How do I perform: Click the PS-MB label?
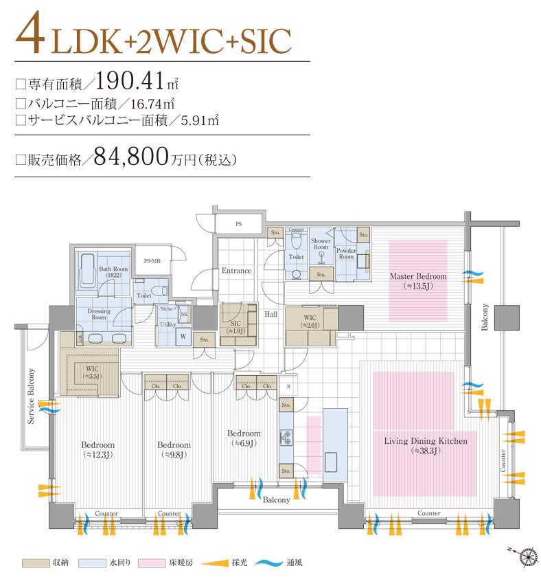[x=152, y=261]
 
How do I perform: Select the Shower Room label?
[x=321, y=244]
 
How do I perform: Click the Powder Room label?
[x=345, y=254]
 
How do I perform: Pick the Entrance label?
[x=236, y=271]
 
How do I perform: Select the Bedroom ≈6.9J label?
[x=244, y=438]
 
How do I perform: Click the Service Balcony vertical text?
[x=31, y=405]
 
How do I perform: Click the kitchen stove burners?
[x=286, y=438]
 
